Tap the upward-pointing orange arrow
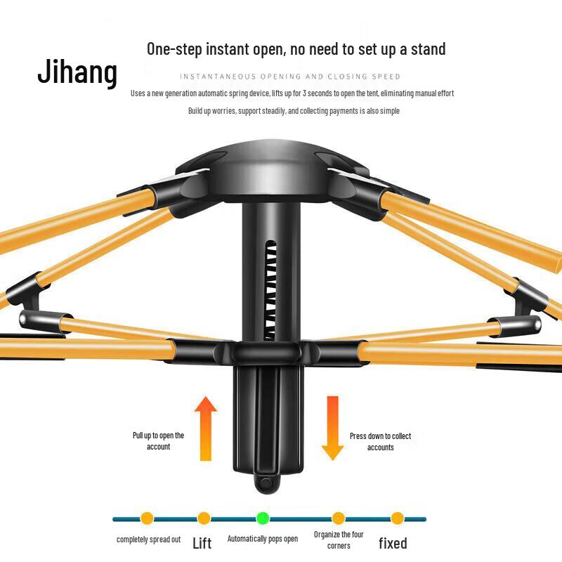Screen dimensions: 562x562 [206, 429]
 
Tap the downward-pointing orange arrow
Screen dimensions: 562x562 [332, 429]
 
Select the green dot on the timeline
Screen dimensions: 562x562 [263, 518]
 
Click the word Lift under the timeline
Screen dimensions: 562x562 [202, 543]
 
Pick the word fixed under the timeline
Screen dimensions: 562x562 [393, 543]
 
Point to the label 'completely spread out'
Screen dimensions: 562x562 [148, 540]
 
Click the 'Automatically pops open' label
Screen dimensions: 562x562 [263, 539]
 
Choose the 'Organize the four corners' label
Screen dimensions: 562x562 [339, 540]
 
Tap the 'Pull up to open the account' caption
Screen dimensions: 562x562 [159, 441]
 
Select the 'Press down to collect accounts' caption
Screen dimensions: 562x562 [380, 442]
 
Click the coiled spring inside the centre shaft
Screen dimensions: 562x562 [270, 291]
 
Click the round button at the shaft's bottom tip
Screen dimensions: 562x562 [266, 483]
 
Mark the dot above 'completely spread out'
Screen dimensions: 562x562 [147, 518]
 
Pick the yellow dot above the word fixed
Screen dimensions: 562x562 [398, 518]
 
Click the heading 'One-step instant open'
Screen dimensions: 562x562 [215, 49]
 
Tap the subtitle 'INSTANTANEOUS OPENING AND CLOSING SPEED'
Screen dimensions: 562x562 [290, 77]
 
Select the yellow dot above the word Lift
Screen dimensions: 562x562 [204, 518]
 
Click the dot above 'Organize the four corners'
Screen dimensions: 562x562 [339, 518]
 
